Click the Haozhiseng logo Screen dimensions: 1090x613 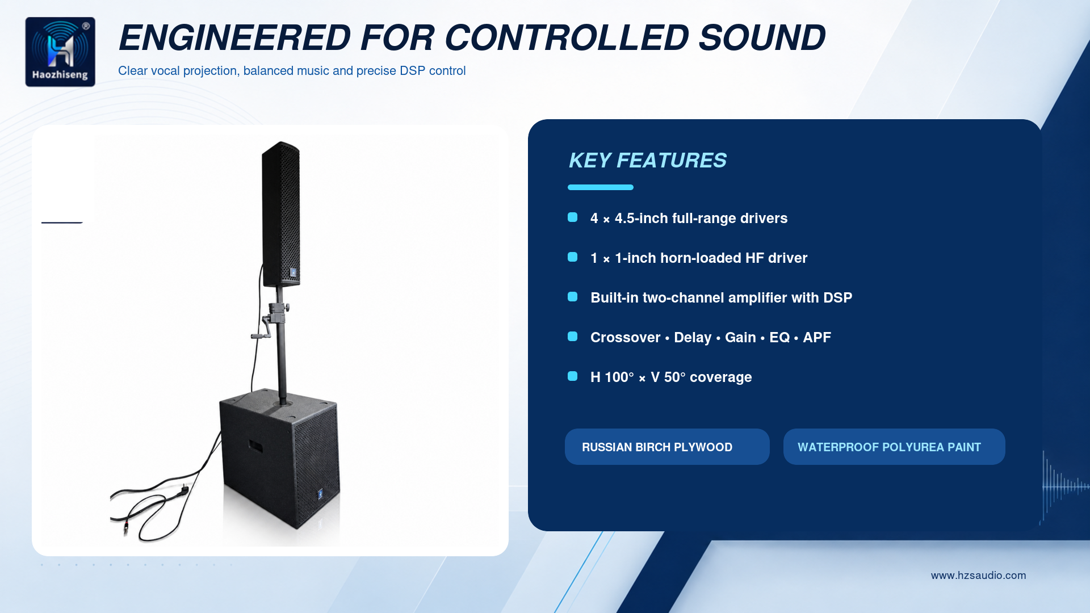pos(60,52)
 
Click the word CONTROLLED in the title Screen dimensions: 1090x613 pos(567,38)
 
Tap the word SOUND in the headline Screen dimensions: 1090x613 pos(762,38)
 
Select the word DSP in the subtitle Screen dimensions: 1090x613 pos(412,71)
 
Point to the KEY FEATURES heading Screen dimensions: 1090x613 pos(647,161)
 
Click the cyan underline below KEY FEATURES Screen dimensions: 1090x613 pos(601,187)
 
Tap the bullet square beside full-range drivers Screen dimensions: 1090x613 pos(573,217)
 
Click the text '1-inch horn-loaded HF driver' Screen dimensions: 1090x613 pos(711,258)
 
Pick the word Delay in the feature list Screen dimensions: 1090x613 pos(693,338)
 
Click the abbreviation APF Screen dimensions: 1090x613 pos(817,338)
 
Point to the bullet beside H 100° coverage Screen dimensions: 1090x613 pos(573,376)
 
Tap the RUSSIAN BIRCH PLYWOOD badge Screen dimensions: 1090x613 pos(667,447)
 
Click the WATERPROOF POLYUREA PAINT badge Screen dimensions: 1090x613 pos(894,447)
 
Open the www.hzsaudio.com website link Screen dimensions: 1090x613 pos(978,576)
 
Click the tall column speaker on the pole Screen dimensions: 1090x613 pos(281,215)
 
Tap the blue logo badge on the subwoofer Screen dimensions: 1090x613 pos(320,494)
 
